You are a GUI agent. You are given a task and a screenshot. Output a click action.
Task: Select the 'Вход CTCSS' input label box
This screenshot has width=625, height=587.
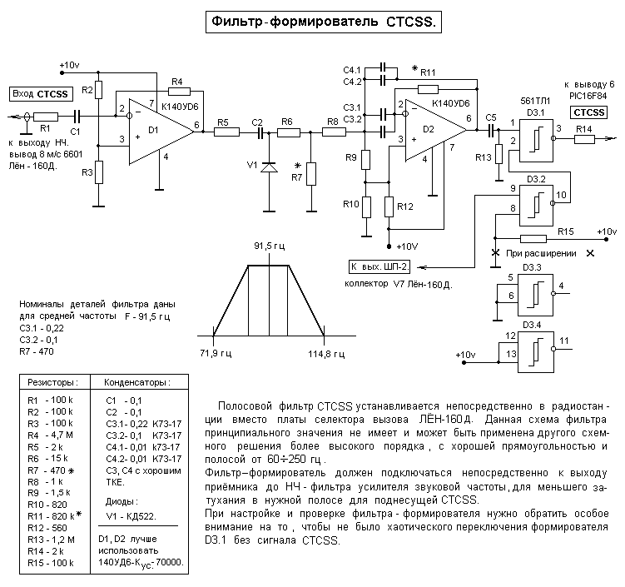(41, 93)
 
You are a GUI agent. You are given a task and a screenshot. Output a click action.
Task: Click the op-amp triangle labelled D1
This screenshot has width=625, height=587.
(158, 129)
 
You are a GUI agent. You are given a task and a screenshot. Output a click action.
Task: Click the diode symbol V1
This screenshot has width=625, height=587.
(268, 167)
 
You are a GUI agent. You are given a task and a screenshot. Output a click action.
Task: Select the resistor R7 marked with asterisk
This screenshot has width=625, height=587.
(310, 174)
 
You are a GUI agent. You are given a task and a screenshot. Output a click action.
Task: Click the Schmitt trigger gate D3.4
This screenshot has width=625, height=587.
(534, 347)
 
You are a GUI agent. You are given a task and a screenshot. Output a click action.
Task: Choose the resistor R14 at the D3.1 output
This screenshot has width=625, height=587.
(584, 139)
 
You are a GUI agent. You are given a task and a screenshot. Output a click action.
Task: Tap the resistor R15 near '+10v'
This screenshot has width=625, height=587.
(533, 239)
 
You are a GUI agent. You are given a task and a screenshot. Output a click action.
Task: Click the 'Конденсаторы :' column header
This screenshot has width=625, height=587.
(137, 382)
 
